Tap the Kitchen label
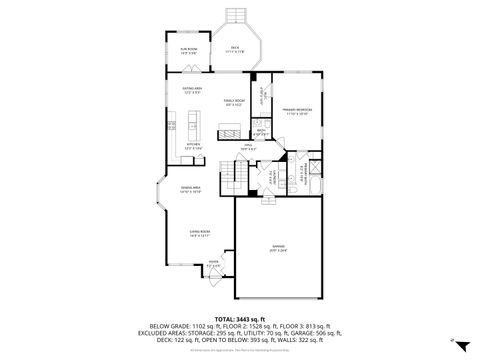pyautogui.click(x=193, y=145)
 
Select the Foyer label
pyautogui.click(x=213, y=265)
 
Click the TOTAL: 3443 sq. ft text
pyautogui.click(x=240, y=317)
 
